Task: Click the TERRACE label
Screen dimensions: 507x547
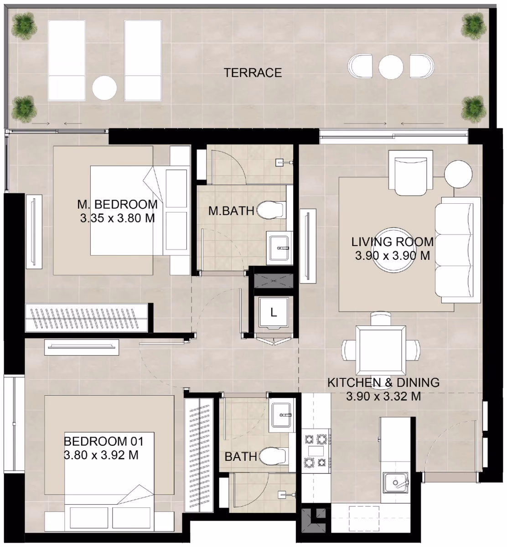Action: coord(253,73)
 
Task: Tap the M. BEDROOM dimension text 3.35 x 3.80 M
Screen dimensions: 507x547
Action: coord(117,218)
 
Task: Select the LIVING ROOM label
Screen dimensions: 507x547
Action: coord(393,242)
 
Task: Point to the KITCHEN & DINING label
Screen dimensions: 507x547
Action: coord(383,382)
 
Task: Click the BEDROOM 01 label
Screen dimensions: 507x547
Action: coord(103,442)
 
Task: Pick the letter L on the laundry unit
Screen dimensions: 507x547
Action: coord(274,312)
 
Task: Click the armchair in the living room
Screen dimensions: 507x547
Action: coord(410,173)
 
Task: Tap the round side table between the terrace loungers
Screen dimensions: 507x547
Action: coord(104,88)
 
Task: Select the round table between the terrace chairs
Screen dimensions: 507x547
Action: coord(391,67)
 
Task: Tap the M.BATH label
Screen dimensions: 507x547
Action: coord(231,211)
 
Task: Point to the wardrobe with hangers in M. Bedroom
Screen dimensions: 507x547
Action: coord(87,318)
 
